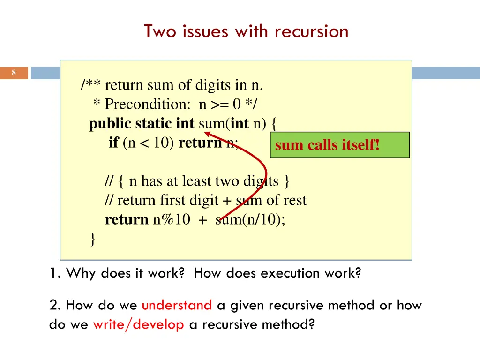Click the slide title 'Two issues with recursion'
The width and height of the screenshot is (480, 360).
coord(246,31)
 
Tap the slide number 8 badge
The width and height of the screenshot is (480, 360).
coord(14,73)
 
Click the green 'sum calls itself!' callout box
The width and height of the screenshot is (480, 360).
coord(340,145)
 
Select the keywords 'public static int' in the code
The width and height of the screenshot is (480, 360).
coord(142,123)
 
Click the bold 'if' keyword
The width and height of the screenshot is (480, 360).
coord(113,142)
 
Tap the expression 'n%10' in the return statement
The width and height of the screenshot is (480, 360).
coord(171,219)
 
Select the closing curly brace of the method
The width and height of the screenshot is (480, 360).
coord(93,239)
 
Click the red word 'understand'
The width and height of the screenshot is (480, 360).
coord(177,306)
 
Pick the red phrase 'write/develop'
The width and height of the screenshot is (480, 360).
coord(138,324)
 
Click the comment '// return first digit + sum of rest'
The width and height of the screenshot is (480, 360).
coord(205,200)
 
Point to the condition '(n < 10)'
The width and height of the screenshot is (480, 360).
coord(149,142)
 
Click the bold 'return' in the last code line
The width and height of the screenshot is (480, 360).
coord(127,219)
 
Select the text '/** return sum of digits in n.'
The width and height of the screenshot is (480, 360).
coord(172,85)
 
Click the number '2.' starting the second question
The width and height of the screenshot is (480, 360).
coord(55,306)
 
